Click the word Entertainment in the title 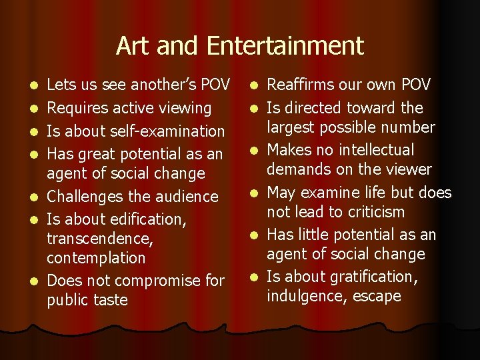[x=285, y=45]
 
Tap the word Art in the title [x=131, y=45]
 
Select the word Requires [x=76, y=108]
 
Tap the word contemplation [x=96, y=258]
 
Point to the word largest [x=291, y=127]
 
